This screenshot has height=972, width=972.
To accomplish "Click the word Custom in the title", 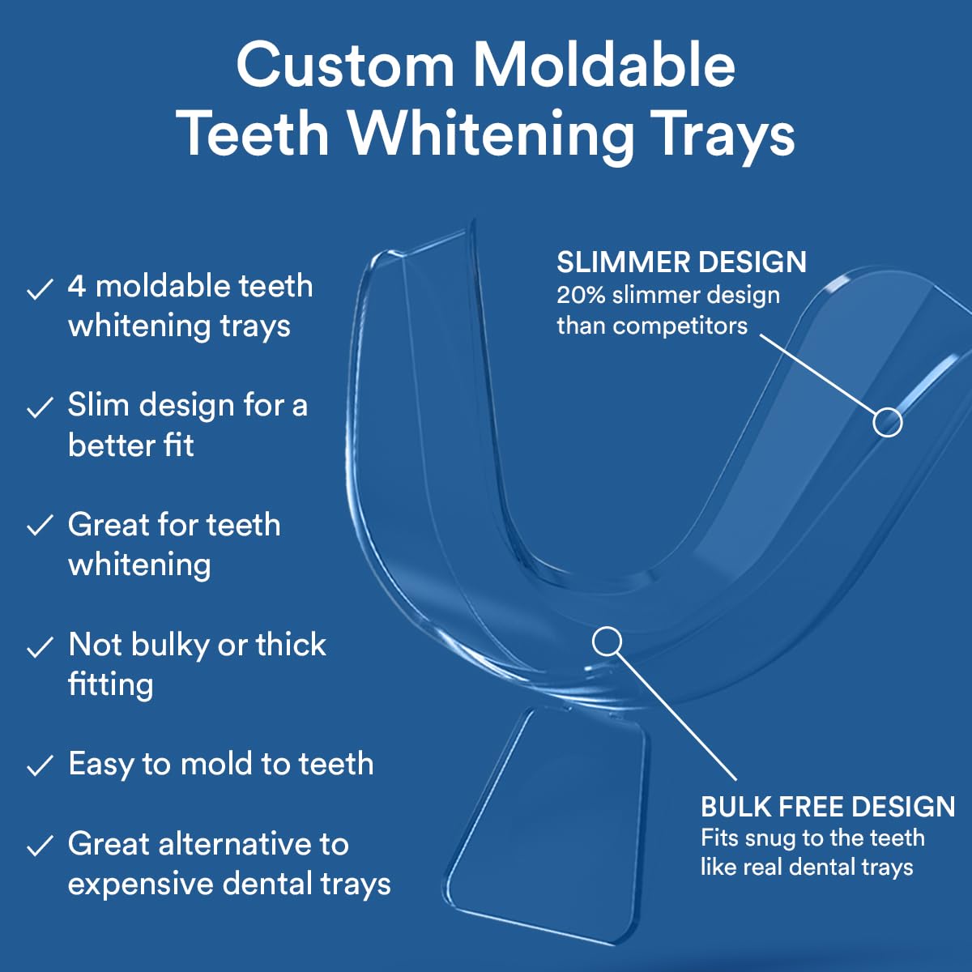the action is (x=345, y=66).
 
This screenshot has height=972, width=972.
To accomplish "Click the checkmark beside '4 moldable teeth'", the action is (x=40, y=289).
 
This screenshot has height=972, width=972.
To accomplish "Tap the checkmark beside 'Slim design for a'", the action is (x=40, y=407).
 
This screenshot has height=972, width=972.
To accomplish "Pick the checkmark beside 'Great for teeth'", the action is (x=40, y=526).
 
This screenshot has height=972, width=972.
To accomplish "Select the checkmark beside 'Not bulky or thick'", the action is (x=40, y=647).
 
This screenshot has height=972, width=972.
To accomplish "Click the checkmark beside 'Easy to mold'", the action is (x=40, y=766).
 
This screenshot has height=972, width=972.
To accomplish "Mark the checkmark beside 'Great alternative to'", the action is (x=40, y=846).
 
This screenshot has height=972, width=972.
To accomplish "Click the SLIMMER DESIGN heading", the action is (x=681, y=262).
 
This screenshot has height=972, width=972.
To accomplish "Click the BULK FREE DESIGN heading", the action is (x=828, y=807).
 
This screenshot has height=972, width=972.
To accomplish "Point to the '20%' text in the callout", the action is (x=581, y=295).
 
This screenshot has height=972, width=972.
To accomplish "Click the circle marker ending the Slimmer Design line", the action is (x=887, y=422).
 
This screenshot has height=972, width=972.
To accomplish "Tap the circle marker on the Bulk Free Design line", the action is (x=607, y=642).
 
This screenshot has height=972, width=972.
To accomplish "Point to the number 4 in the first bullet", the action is (x=77, y=287).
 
